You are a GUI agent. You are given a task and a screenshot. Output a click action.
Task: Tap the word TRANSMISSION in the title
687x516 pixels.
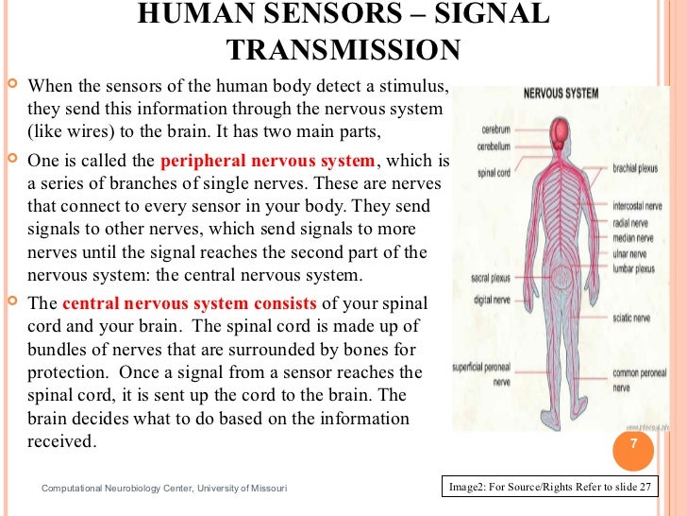343,49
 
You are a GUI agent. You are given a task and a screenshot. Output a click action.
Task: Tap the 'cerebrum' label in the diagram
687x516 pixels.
495,129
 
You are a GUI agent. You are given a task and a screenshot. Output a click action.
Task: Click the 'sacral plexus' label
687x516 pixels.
492,279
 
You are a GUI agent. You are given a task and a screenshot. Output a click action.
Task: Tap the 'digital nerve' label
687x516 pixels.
492,300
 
